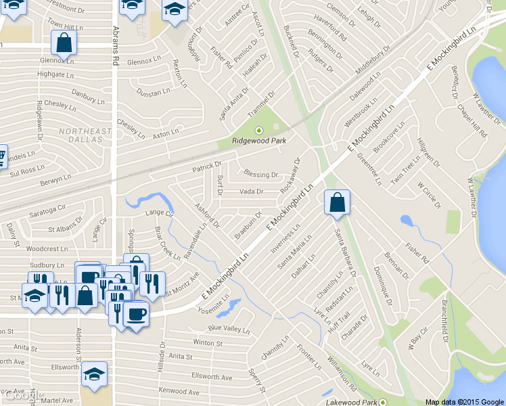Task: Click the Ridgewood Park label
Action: point(259,141)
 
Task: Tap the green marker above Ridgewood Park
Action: point(257,130)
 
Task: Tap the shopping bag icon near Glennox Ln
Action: point(64,43)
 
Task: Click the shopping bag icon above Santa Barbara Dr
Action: point(337,202)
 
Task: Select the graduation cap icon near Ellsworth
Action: point(94,373)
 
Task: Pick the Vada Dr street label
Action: point(251,191)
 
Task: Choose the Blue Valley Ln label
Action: point(229,329)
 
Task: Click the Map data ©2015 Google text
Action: point(465,401)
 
